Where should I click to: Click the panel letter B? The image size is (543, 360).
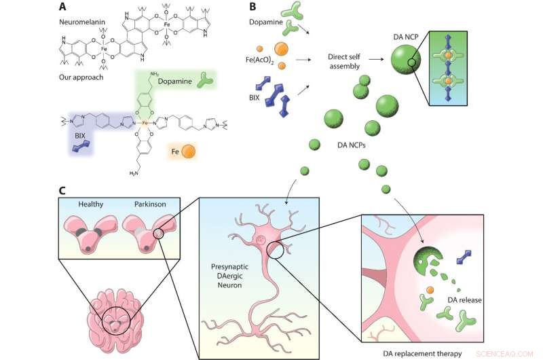(253, 7)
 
